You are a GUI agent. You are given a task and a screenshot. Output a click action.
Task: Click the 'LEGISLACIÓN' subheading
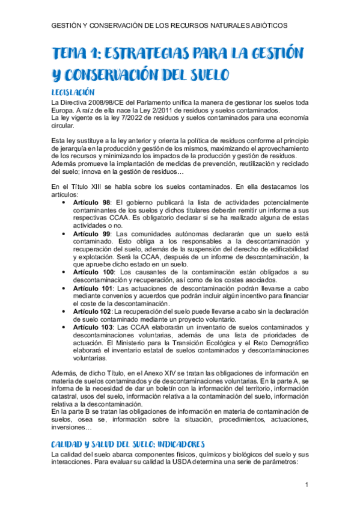click(73, 93)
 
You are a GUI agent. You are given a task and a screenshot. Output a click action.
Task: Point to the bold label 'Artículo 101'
click(94, 288)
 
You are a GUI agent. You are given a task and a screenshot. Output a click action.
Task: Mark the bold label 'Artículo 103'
click(94, 327)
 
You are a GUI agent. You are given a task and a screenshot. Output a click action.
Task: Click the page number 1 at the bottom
click(307, 485)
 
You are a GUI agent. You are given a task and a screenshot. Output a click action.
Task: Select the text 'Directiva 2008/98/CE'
click(94, 103)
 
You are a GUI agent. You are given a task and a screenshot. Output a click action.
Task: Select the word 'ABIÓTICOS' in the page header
click(261, 26)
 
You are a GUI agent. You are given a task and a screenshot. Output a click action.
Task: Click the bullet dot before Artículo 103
click(64, 327)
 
